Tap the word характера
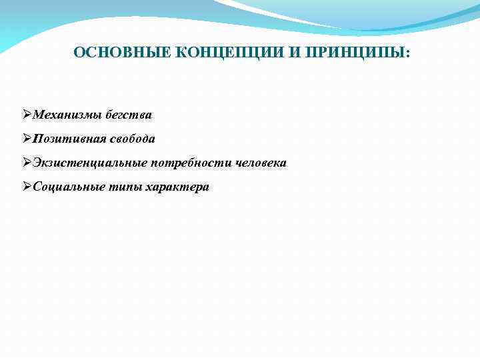click(x=177, y=187)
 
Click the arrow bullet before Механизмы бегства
click(x=27, y=115)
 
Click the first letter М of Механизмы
click(x=38, y=115)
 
